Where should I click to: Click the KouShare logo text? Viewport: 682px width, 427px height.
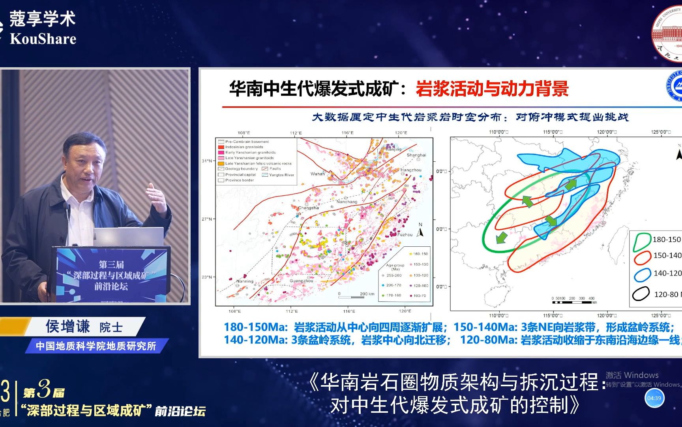coord(43,39)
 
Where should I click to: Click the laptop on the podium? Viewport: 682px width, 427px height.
coord(128,237)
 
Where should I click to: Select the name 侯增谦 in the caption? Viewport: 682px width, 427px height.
coord(68,327)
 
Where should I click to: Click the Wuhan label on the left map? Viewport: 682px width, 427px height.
coord(318,174)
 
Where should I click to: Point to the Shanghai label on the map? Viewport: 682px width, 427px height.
coord(416,155)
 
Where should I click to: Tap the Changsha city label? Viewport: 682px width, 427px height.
coord(308,208)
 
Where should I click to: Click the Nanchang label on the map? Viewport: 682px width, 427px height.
coord(347,202)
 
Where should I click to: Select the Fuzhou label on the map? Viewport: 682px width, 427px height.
coord(405,234)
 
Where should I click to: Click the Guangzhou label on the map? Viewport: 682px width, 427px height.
coord(302,281)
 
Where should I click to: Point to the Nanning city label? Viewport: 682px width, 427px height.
coord(245,281)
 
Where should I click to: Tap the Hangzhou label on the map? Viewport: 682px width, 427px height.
coord(411,170)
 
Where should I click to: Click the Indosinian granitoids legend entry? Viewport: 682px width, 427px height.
coord(244,147)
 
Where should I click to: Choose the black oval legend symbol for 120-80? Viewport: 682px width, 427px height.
coord(641,294)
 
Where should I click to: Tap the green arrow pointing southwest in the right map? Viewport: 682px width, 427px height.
coord(501,237)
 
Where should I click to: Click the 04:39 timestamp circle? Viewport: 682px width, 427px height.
coord(654,398)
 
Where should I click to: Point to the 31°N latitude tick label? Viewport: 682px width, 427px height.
coord(207,161)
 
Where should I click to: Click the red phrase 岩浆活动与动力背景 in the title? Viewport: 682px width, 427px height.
coord(492,89)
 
